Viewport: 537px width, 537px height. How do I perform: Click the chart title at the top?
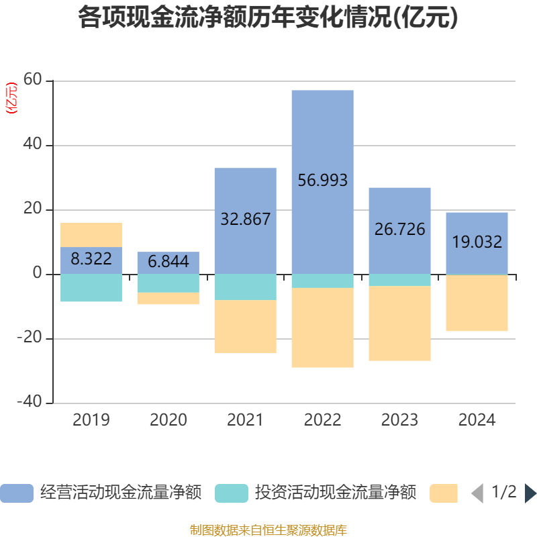(x=268, y=18)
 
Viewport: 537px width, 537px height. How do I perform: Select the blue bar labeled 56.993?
(x=323, y=134)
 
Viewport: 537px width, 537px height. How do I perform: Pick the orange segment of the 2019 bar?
(x=91, y=234)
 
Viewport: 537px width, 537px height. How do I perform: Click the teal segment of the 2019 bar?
(x=91, y=288)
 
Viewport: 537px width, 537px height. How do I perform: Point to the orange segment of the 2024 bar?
(x=477, y=303)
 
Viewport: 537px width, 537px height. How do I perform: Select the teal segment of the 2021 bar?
(x=245, y=287)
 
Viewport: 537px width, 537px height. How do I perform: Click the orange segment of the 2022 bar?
(x=323, y=328)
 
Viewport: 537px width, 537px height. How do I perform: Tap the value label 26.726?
(x=400, y=230)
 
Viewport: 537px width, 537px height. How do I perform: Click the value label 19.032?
(x=477, y=242)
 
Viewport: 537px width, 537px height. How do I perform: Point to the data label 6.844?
(x=168, y=262)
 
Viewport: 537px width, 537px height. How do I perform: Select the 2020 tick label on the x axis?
(x=168, y=420)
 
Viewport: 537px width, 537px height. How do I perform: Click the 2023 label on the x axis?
(x=400, y=420)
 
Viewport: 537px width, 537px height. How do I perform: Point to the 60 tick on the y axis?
(x=34, y=81)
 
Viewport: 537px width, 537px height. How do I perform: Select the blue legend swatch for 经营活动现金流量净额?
(x=17, y=493)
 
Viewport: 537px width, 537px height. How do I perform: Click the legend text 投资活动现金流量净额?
(x=335, y=493)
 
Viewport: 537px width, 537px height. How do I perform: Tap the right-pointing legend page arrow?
(x=530, y=493)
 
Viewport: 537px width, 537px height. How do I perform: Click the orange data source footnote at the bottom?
(x=268, y=530)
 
